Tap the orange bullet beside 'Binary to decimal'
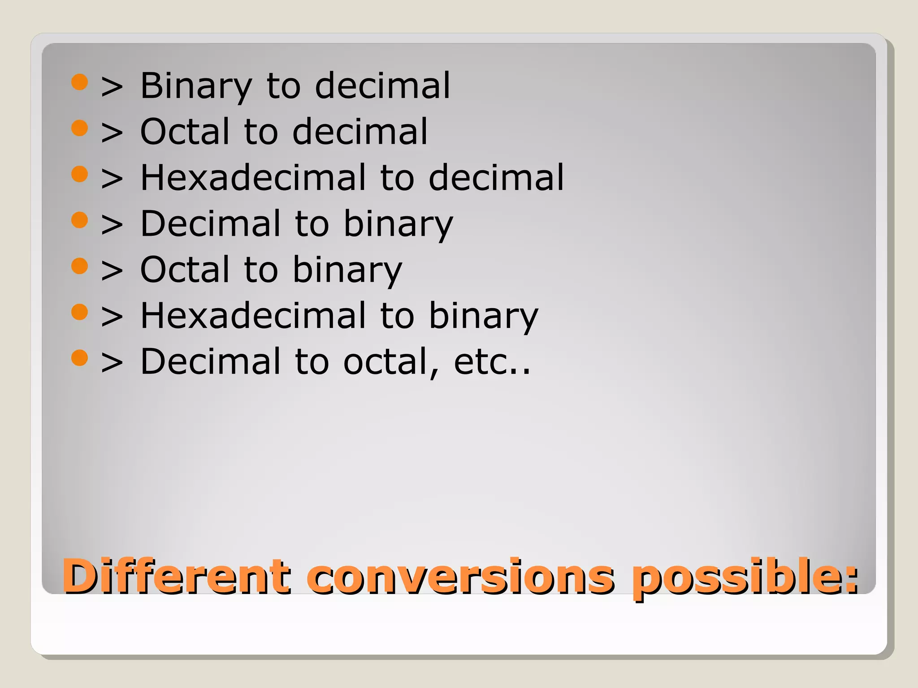(x=79, y=82)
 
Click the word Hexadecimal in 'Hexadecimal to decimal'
(x=253, y=178)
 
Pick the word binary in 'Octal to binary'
(x=347, y=270)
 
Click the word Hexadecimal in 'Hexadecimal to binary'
(x=253, y=316)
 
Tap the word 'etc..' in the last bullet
(x=492, y=361)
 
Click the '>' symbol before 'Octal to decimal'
(x=112, y=133)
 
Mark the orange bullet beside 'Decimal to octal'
(x=79, y=357)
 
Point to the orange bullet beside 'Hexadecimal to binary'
(x=79, y=312)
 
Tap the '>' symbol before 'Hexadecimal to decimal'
(x=112, y=179)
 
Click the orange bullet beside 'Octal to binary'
(x=79, y=266)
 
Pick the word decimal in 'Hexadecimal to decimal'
(x=496, y=178)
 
